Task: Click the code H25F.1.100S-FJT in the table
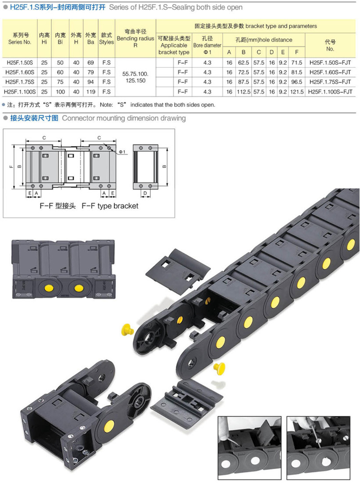[x=330, y=92]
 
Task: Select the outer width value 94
[x=90, y=82]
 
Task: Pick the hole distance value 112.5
[x=243, y=92]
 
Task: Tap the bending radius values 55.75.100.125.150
[x=135, y=77]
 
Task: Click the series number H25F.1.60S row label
[x=20, y=72]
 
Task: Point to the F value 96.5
[x=297, y=82]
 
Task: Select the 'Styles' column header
[x=107, y=39]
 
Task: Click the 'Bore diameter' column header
[x=207, y=45]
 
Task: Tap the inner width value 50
[x=60, y=63]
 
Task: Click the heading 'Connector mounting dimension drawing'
[x=124, y=118]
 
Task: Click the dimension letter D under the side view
[x=145, y=193]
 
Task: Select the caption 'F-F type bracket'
[x=110, y=206]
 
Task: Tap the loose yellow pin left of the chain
[x=127, y=330]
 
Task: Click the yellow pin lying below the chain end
[x=219, y=368]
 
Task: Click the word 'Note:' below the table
[x=107, y=105]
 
